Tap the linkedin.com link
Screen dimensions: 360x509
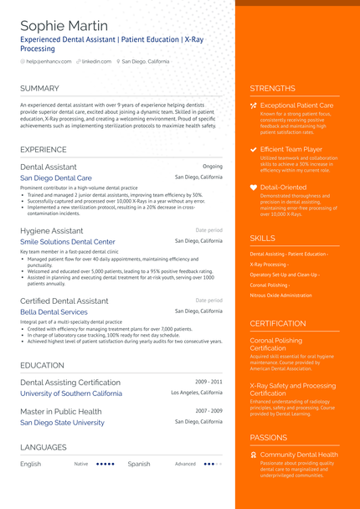96,61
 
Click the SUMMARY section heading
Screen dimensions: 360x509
39,88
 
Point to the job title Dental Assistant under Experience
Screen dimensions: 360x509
49,167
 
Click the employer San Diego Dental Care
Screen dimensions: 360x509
56,178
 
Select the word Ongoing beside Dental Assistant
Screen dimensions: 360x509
213,167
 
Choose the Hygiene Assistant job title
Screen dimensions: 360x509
52,230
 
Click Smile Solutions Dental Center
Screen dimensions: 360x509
68,242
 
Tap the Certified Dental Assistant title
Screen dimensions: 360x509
64,301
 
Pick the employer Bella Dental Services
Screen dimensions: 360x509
54,312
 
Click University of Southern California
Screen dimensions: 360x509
71,393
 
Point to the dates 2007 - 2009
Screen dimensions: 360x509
209,411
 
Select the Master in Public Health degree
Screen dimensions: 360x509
61,411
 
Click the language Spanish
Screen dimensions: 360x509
139,463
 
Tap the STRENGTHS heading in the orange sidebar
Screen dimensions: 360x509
272,88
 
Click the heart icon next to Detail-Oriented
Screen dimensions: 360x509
254,188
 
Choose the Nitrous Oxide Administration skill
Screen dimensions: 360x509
281,295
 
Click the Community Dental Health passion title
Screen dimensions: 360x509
299,455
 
